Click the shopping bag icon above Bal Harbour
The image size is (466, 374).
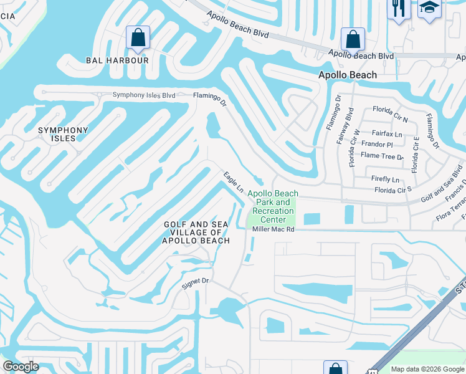pos(138,37)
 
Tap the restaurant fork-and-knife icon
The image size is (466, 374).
pos(396,9)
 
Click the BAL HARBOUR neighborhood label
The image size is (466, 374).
pos(117,60)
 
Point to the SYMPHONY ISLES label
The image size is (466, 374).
pos(63,134)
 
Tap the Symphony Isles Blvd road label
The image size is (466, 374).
pos(144,95)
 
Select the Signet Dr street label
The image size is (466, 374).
pos(194,282)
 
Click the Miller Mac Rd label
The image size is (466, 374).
pos(272,229)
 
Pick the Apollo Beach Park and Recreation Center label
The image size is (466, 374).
pos(273,206)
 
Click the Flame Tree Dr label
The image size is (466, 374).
pos(382,155)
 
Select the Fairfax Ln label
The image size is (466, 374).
pos(387,133)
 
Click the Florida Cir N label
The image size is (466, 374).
pos(390,110)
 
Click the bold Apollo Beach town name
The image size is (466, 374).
pos(348,75)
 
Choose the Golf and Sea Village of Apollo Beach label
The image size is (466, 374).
pos(196,233)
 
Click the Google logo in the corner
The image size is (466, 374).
pos(21,367)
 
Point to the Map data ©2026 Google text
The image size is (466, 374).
pos(427,369)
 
